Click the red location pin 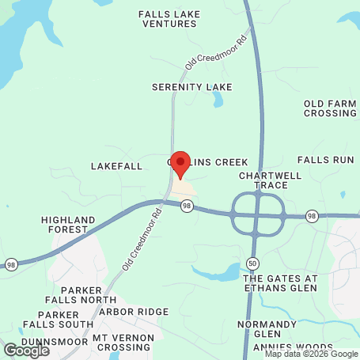coord(180,164)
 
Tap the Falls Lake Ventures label coord(168,19)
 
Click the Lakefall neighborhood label coord(116,166)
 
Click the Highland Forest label coord(65,224)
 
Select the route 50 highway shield coord(252,262)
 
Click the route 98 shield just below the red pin coord(186,206)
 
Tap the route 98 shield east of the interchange coord(313,216)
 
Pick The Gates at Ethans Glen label coord(280,283)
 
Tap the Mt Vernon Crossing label coord(121,343)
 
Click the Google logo coord(26,350)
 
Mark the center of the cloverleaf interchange coord(258,214)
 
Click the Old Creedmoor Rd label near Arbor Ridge coord(142,248)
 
